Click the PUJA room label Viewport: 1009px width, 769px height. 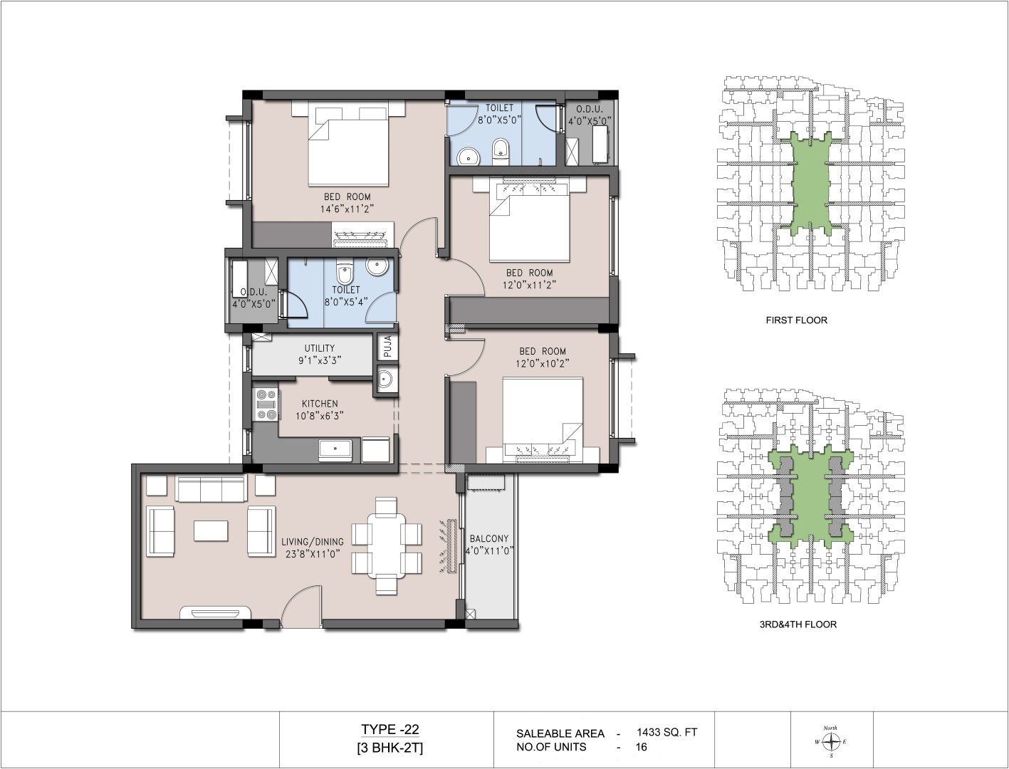coord(387,346)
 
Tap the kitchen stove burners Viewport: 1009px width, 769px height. coord(266,405)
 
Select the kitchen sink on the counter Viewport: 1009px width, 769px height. coord(335,450)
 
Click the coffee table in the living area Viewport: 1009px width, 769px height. coord(211,530)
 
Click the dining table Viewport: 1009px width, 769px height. coord(386,546)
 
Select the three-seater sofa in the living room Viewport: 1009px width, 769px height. coord(211,489)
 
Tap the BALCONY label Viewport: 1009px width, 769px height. coord(488,538)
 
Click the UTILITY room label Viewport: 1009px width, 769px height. coord(320,348)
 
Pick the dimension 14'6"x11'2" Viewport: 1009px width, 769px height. coord(347,209)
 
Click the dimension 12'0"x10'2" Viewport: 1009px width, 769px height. coord(543,363)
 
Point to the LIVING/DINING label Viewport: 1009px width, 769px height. coord(313,541)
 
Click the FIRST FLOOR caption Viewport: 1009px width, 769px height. coord(797,320)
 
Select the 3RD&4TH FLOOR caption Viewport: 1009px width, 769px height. coord(798,624)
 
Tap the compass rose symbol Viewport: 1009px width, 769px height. coord(830,741)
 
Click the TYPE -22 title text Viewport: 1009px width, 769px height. coord(390,729)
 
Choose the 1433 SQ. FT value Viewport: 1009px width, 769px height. coord(667,732)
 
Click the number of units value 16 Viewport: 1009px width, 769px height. coord(642,747)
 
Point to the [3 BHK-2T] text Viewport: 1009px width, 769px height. coord(390,748)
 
